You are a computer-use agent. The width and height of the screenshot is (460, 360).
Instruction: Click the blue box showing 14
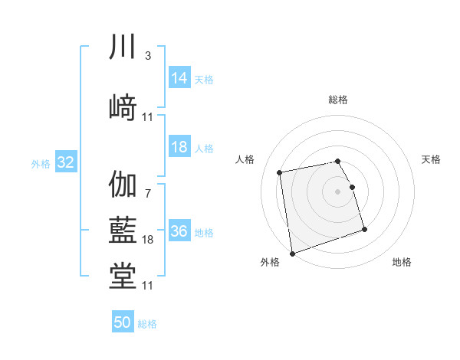point(179,78)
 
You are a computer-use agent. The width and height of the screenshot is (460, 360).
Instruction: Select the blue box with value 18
point(179,147)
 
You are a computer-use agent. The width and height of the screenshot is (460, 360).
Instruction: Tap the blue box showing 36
point(179,231)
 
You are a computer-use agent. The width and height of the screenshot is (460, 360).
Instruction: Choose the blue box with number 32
point(65,162)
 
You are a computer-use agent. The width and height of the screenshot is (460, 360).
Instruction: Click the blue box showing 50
point(122,322)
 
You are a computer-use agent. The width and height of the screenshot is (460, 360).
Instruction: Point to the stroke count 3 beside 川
point(147,56)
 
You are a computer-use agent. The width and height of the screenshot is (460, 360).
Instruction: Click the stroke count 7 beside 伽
point(147,194)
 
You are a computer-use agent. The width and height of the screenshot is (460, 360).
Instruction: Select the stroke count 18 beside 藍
point(147,240)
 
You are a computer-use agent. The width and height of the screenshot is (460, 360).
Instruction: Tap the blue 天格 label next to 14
point(203,79)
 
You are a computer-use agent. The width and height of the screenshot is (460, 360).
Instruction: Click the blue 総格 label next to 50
point(147,324)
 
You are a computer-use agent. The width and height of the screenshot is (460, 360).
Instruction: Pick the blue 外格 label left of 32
point(41,163)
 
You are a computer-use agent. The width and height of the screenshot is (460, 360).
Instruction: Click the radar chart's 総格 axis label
point(338,100)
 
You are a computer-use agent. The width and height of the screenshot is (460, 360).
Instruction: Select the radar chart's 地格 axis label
point(402,263)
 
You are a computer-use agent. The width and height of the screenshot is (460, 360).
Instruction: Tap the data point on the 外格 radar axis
point(291,253)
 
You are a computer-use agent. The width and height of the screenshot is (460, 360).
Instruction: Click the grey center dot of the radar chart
point(338,191)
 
